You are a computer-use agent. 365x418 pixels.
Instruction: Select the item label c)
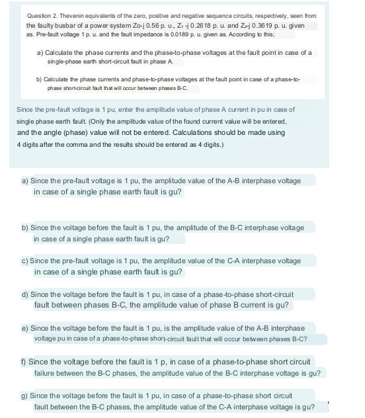26,261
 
